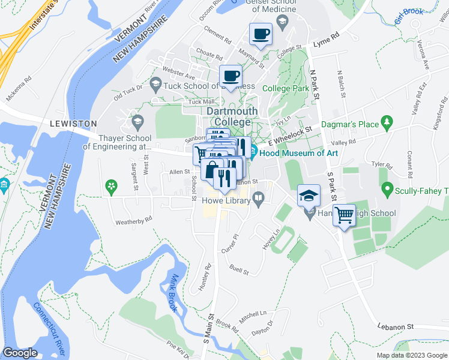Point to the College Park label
(x=286, y=88)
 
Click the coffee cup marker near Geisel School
(x=261, y=35)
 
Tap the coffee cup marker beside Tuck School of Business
(x=231, y=76)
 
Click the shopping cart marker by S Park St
(x=344, y=215)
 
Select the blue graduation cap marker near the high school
(x=309, y=195)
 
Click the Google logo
(x=20, y=353)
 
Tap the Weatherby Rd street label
(x=134, y=221)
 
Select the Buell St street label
(x=239, y=271)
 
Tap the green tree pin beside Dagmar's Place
(x=387, y=124)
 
